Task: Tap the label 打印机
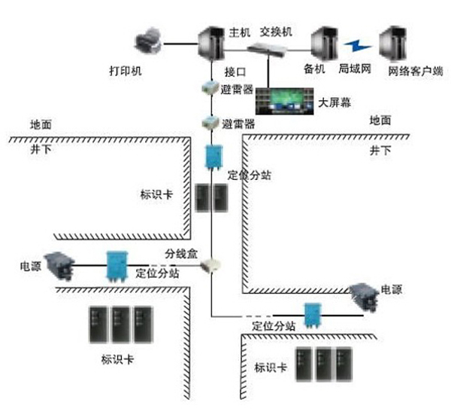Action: tap(125, 72)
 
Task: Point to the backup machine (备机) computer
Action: tap(325, 45)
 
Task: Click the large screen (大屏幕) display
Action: tap(283, 99)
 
